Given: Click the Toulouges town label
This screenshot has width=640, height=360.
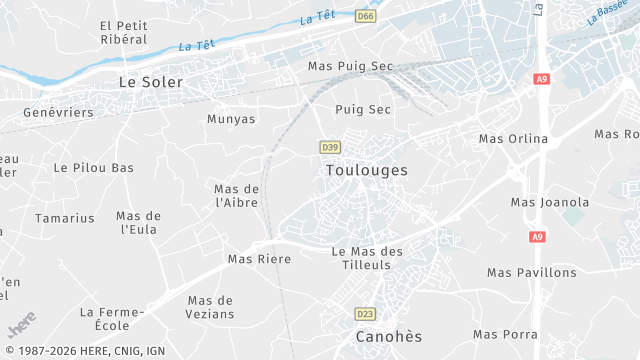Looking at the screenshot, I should point(367,171).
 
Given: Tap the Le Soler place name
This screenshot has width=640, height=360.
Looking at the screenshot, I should point(151,82).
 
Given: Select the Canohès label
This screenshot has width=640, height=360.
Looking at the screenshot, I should point(389,337).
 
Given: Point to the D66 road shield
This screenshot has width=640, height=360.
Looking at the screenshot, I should point(365,16).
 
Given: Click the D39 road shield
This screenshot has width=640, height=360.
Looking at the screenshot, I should point(330,147).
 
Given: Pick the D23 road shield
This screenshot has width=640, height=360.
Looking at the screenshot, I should point(365,314).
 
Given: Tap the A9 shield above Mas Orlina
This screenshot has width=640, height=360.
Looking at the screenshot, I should point(542,79).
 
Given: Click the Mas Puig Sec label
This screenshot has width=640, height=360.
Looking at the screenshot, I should point(351,66).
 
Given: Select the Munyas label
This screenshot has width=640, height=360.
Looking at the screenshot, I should point(231,119).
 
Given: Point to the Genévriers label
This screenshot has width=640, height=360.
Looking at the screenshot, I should point(58,113).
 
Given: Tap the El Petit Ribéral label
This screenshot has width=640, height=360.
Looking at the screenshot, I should point(124,32).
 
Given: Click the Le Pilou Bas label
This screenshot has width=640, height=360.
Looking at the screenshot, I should point(93,168).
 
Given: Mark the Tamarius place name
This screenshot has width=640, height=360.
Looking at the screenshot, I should point(65,218).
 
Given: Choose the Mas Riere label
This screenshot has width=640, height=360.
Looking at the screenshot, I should point(259,259).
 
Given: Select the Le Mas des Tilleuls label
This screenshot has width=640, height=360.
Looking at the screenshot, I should point(367,258).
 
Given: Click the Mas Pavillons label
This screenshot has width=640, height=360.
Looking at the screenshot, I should point(532,272).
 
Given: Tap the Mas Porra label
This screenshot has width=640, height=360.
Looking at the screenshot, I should point(505,334).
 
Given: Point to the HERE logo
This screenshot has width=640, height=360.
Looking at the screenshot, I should point(22,326).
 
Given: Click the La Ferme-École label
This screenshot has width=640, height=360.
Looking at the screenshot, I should point(112,319).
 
